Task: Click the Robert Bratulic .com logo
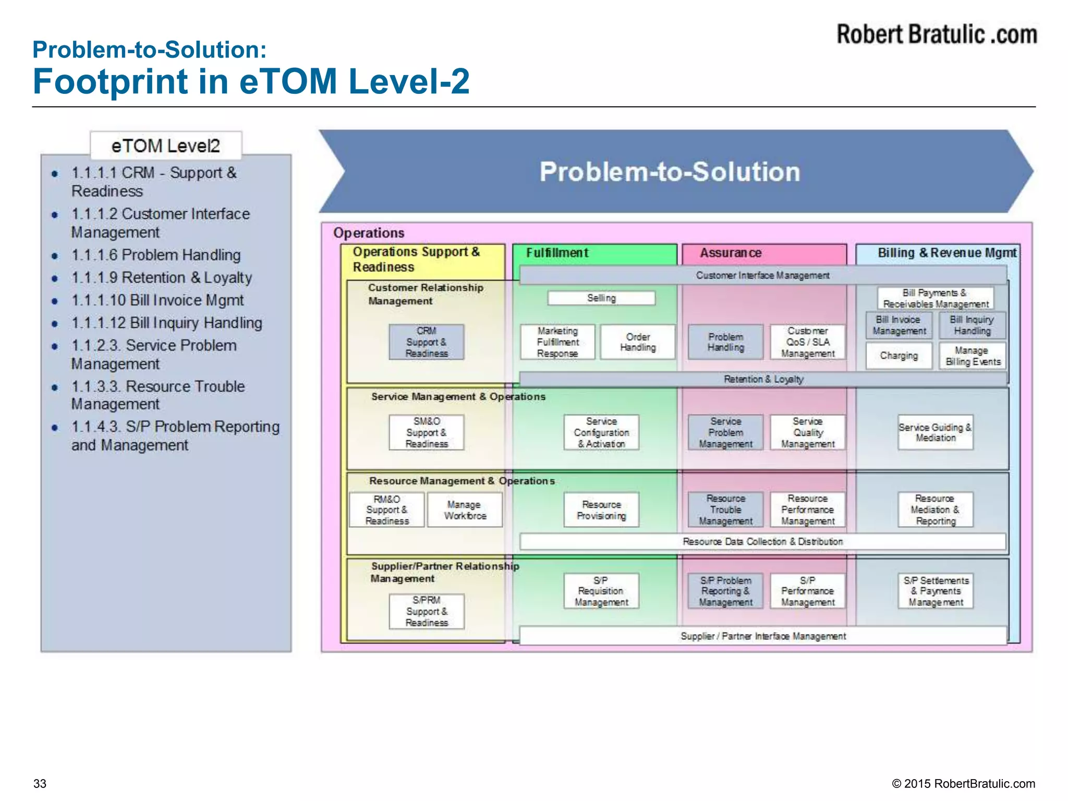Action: pyautogui.click(x=936, y=34)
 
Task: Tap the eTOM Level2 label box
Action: pyautogui.click(x=166, y=145)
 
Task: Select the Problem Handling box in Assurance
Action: pyautogui.click(x=725, y=342)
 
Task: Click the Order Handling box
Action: pyautogui.click(x=637, y=342)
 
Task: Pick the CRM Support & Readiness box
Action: pyautogui.click(x=426, y=342)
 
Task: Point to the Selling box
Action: pyautogui.click(x=601, y=298)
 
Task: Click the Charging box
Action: pyautogui.click(x=899, y=356)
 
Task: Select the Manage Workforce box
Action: pyautogui.click(x=465, y=510)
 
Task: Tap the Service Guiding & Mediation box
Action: pyautogui.click(x=935, y=432)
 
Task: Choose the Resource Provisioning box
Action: pyautogui.click(x=601, y=510)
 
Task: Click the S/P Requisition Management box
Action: pyautogui.click(x=601, y=591)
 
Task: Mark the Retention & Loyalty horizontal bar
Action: pyautogui.click(x=763, y=379)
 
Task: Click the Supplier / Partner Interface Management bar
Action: pyautogui.click(x=763, y=636)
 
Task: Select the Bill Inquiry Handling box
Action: pyautogui.click(x=972, y=325)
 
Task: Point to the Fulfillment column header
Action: pyautogui.click(x=557, y=253)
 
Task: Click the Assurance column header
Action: pyautogui.click(x=730, y=253)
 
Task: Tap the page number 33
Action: pyautogui.click(x=40, y=784)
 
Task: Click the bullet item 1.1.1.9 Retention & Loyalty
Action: pyautogui.click(x=162, y=277)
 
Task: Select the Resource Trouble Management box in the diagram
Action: pyautogui.click(x=725, y=510)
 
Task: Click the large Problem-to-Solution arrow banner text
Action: pyautogui.click(x=670, y=172)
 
